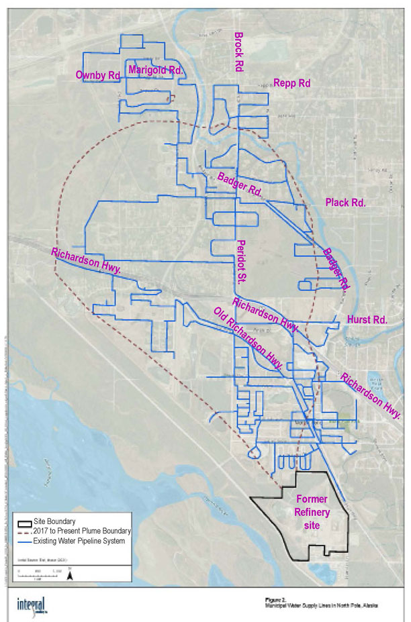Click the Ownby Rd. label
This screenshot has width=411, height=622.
pyautogui.click(x=98, y=75)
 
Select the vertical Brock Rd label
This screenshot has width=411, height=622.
pyautogui.click(x=237, y=51)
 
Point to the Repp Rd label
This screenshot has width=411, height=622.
pyautogui.click(x=293, y=83)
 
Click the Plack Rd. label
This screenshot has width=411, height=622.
pyautogui.click(x=345, y=203)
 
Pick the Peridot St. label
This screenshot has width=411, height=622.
pyautogui.click(x=243, y=261)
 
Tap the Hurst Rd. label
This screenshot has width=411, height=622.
pyautogui.click(x=367, y=320)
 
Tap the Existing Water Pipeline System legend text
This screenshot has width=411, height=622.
pyautogui.click(x=83, y=541)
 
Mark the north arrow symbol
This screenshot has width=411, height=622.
pyautogui.click(x=69, y=573)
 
